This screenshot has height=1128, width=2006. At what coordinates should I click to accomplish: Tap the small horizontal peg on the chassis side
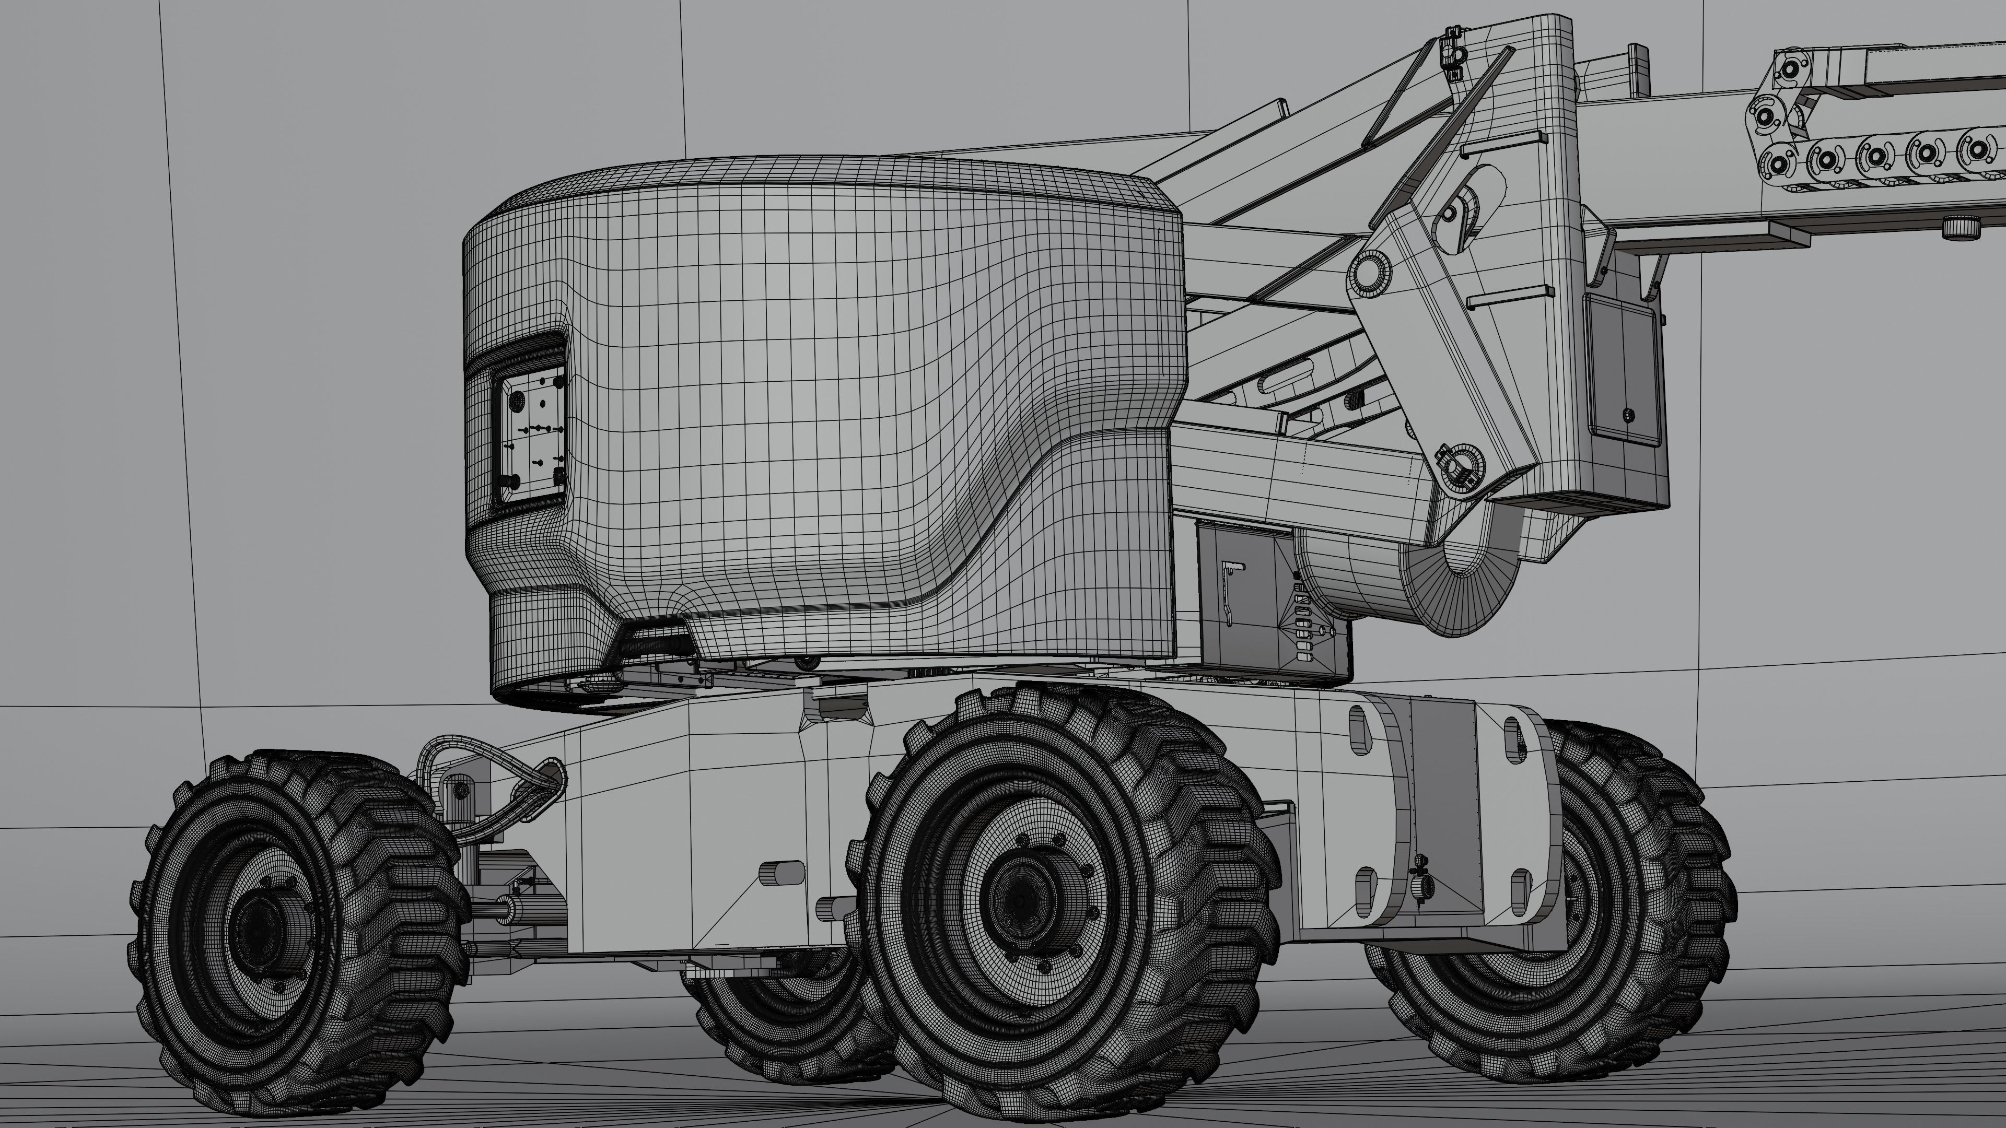click(782, 873)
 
